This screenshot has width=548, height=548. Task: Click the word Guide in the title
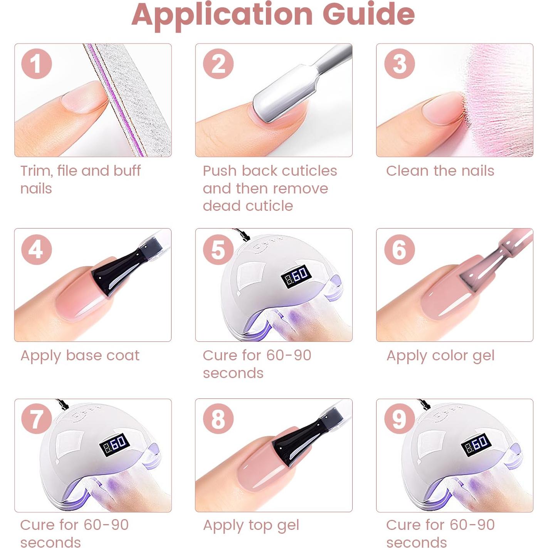(368, 15)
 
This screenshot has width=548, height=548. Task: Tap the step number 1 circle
(37, 64)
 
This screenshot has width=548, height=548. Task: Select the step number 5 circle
(218, 249)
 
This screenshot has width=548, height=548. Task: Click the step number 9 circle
(399, 419)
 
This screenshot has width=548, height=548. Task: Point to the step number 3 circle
(399, 64)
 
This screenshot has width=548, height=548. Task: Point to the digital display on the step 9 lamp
(477, 444)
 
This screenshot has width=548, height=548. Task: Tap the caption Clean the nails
(440, 171)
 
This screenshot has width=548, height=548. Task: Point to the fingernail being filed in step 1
(83, 97)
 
